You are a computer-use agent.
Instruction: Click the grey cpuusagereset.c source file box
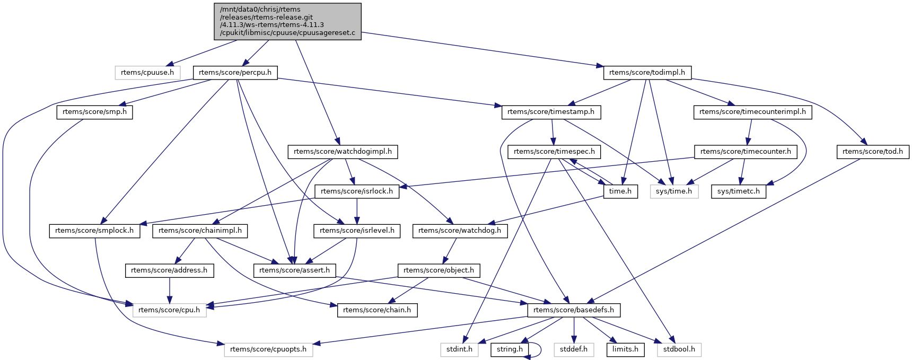287,21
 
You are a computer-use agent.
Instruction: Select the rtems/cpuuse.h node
147,73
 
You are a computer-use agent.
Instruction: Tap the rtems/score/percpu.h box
235,73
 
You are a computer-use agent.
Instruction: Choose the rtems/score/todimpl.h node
647,73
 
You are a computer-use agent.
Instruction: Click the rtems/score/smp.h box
94,112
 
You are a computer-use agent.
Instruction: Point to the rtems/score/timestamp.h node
551,112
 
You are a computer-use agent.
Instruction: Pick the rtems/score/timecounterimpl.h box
752,112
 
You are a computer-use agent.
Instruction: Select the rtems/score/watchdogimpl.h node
343,152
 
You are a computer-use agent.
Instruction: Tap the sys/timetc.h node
738,191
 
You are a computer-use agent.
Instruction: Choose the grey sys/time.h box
673,191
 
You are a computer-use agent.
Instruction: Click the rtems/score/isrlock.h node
357,191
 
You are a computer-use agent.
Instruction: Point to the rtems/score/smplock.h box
94,231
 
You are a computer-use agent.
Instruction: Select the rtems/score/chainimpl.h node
200,231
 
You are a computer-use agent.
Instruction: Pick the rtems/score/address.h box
169,270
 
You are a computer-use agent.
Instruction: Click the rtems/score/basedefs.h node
573,310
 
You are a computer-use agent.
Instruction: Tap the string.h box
510,350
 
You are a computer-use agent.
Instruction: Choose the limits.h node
625,350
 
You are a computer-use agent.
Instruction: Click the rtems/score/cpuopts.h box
268,350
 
